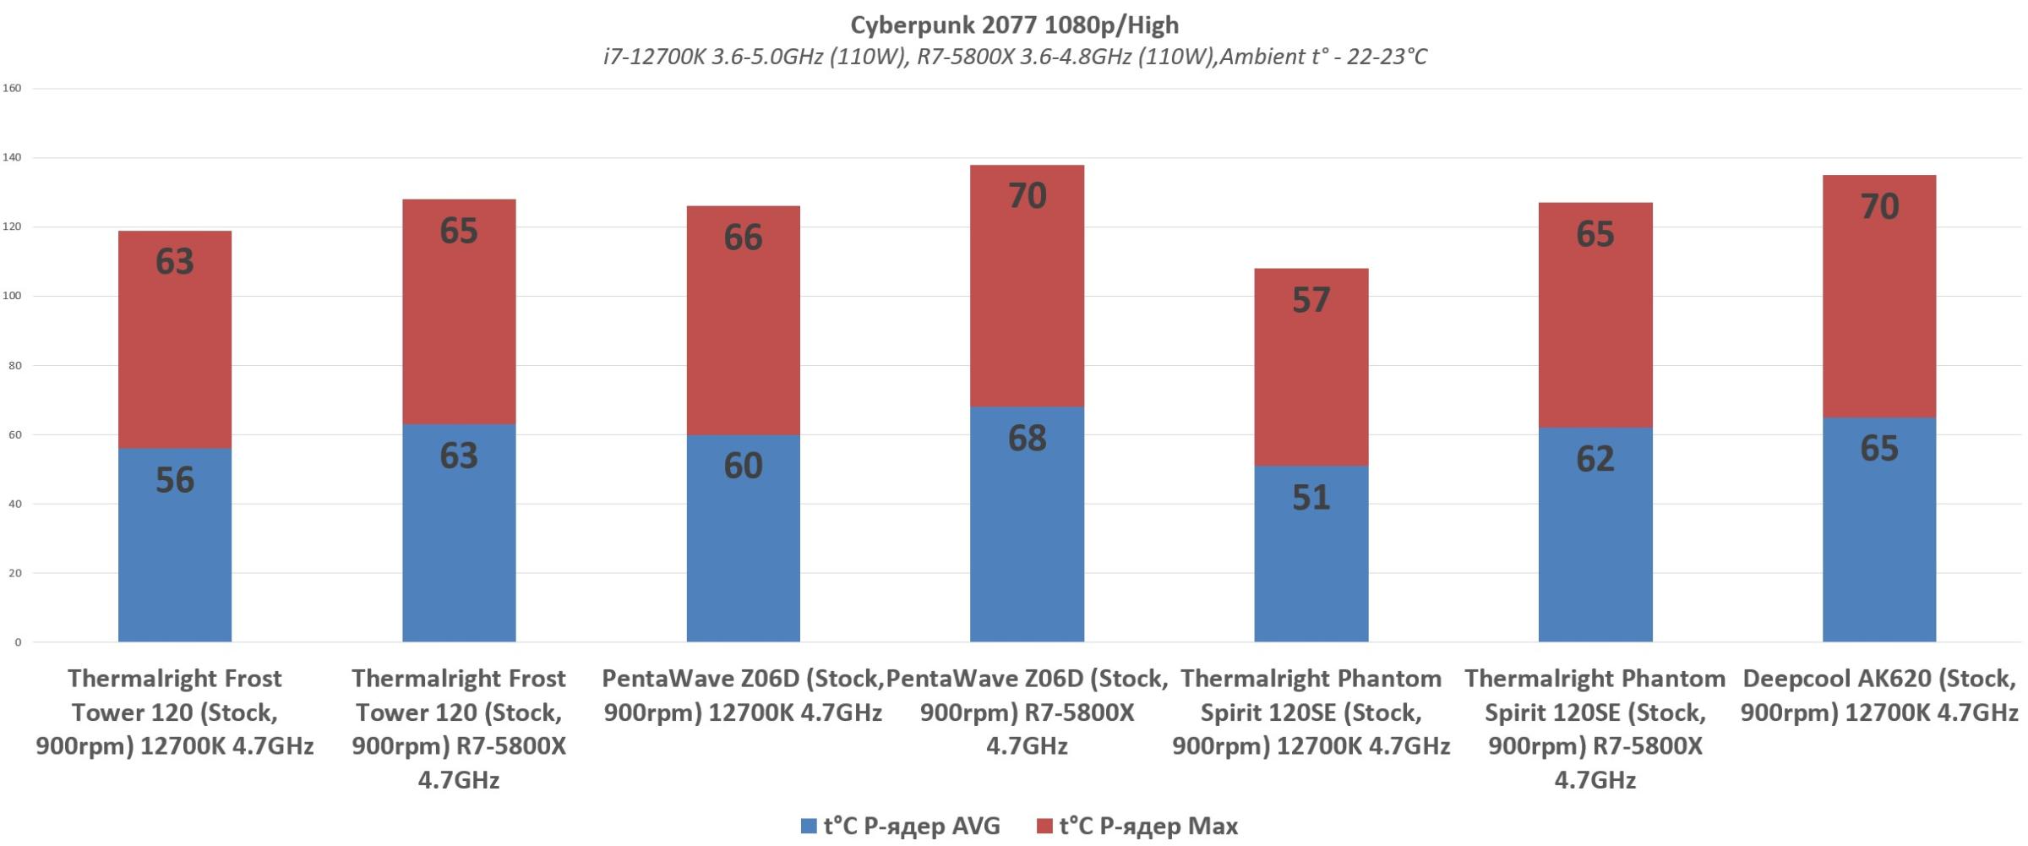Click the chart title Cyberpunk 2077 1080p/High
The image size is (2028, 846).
click(x=1014, y=25)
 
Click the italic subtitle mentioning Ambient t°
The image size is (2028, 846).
click(x=1014, y=57)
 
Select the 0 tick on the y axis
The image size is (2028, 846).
click(x=17, y=642)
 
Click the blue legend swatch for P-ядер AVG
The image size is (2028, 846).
click(x=809, y=827)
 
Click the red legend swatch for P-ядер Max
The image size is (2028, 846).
click(x=1044, y=827)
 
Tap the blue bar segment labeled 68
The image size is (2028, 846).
click(x=1027, y=524)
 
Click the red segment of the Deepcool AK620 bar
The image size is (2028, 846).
click(x=1879, y=296)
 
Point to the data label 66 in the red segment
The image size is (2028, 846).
click(x=743, y=237)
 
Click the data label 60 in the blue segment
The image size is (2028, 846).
click(x=743, y=466)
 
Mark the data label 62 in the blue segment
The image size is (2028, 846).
click(x=1595, y=459)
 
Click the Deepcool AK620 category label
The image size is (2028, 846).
click(x=1879, y=696)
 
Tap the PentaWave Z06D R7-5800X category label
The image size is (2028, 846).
click(x=1027, y=712)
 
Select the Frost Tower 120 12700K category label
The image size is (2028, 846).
click(x=175, y=712)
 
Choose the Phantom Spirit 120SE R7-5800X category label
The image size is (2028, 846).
click(x=1595, y=729)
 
